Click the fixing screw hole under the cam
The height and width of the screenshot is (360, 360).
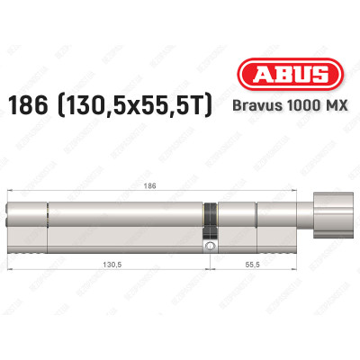coord(209,243)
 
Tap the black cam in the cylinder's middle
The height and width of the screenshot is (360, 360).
coord(210,216)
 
